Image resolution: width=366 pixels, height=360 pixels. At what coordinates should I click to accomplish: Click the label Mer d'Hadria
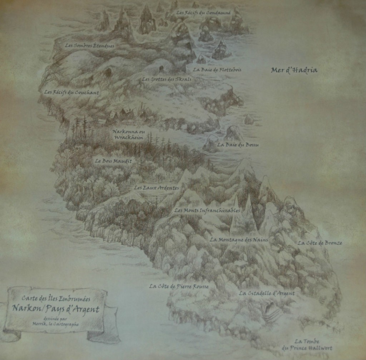[x=294, y=70]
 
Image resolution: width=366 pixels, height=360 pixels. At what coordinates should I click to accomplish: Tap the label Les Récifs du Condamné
[x=203, y=13]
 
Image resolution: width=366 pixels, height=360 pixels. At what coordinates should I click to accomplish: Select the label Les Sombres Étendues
[x=90, y=46]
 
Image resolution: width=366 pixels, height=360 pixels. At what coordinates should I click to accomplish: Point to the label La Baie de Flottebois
[x=217, y=70]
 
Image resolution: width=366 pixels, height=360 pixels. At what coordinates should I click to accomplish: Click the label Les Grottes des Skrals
[x=167, y=79]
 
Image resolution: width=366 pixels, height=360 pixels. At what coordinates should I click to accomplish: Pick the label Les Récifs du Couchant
[x=71, y=92]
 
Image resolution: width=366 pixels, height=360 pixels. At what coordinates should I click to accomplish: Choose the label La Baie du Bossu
[x=238, y=145]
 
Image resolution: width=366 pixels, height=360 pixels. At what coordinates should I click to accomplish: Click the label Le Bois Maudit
[x=113, y=161]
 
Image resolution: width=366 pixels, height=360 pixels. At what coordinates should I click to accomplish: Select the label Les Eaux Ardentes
[x=156, y=187]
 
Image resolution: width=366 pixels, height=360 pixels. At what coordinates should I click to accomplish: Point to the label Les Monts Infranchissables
[x=207, y=210]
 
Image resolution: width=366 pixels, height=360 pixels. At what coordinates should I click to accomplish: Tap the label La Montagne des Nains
[x=238, y=240]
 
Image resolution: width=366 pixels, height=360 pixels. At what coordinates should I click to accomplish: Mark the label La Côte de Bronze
[x=320, y=243]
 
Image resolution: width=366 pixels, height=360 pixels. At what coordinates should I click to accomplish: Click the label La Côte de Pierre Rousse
[x=179, y=286]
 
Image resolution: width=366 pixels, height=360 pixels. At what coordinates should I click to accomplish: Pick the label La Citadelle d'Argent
[x=267, y=293]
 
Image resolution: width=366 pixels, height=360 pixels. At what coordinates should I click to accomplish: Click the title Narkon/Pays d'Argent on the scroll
[x=55, y=309]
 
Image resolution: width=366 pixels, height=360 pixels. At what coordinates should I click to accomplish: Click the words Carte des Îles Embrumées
[x=56, y=298]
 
